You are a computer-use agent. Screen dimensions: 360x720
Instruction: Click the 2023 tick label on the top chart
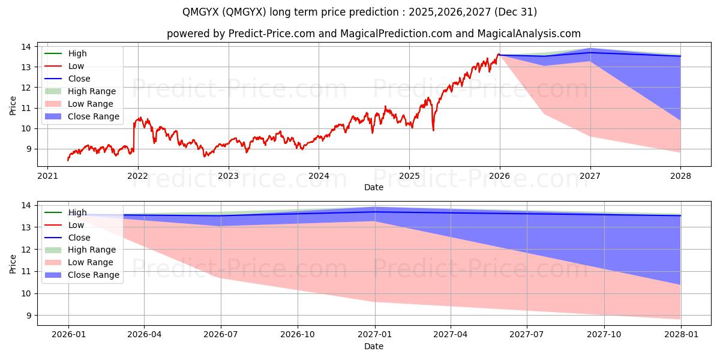(x=228, y=176)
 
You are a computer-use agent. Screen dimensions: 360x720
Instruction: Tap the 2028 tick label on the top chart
(x=680, y=176)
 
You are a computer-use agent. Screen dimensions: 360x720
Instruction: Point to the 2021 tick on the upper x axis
(x=47, y=176)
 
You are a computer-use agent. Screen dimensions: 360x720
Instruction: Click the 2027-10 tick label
(x=604, y=335)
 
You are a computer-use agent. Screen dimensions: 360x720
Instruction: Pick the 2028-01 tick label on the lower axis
(x=680, y=335)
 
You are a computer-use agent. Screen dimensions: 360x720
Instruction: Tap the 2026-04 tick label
(x=145, y=335)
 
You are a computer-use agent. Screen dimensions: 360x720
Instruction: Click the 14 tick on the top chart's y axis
(x=27, y=47)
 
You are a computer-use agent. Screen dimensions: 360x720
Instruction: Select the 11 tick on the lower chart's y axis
(x=27, y=271)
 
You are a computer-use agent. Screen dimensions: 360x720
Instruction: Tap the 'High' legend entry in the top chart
(x=77, y=53)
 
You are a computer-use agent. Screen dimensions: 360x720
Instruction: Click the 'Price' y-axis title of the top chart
(x=13, y=106)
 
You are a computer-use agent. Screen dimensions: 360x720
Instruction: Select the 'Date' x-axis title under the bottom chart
(x=373, y=346)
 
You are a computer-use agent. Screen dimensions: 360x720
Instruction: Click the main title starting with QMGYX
(x=360, y=12)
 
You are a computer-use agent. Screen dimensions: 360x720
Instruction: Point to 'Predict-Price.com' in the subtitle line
(x=272, y=34)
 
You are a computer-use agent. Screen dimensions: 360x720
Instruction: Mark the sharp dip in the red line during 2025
(x=433, y=130)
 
